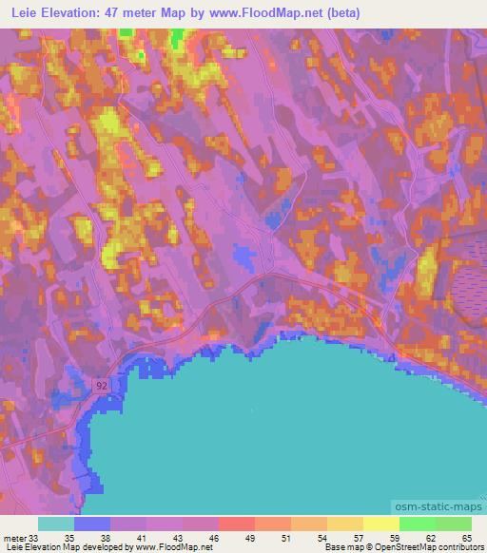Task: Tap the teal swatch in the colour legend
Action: [56, 524]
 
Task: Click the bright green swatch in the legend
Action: [418, 524]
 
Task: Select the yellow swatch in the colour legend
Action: [381, 524]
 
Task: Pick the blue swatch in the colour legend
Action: [92, 524]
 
